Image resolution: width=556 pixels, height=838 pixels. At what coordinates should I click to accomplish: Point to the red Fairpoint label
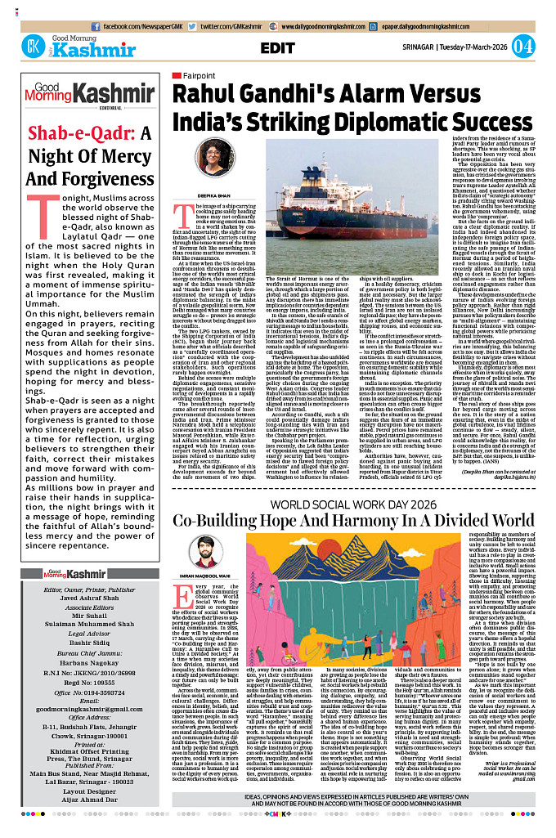click(x=188, y=75)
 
